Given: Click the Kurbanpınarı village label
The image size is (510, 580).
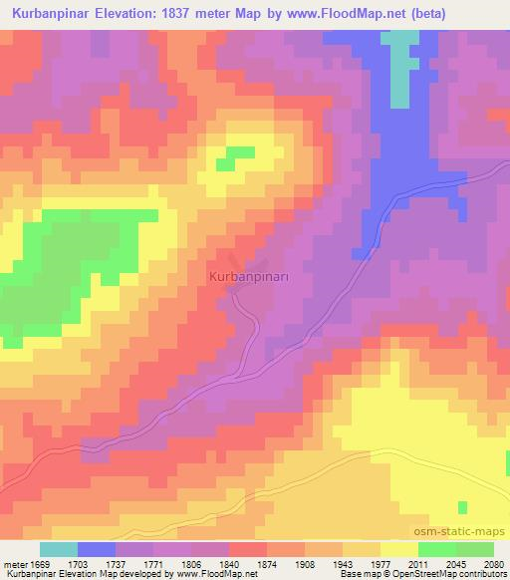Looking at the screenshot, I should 262,274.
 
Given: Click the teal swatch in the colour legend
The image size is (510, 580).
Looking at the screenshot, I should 58,549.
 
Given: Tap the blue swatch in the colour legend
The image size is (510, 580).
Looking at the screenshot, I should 97,549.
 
